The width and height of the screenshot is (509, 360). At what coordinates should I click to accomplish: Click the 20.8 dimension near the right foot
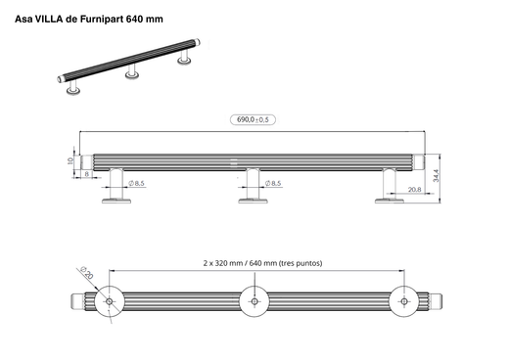click(x=414, y=190)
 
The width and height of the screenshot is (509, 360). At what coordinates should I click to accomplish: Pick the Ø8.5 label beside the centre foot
click(x=271, y=183)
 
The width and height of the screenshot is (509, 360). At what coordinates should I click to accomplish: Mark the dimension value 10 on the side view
click(x=71, y=160)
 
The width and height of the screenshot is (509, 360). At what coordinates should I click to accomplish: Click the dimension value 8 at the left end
click(x=86, y=174)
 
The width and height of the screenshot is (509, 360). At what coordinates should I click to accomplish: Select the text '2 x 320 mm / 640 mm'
click(x=234, y=263)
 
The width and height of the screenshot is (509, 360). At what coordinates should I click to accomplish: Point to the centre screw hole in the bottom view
click(x=254, y=301)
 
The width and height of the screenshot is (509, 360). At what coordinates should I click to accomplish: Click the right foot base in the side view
click(x=391, y=202)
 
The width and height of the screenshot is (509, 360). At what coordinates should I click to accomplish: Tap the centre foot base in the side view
click(x=254, y=202)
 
